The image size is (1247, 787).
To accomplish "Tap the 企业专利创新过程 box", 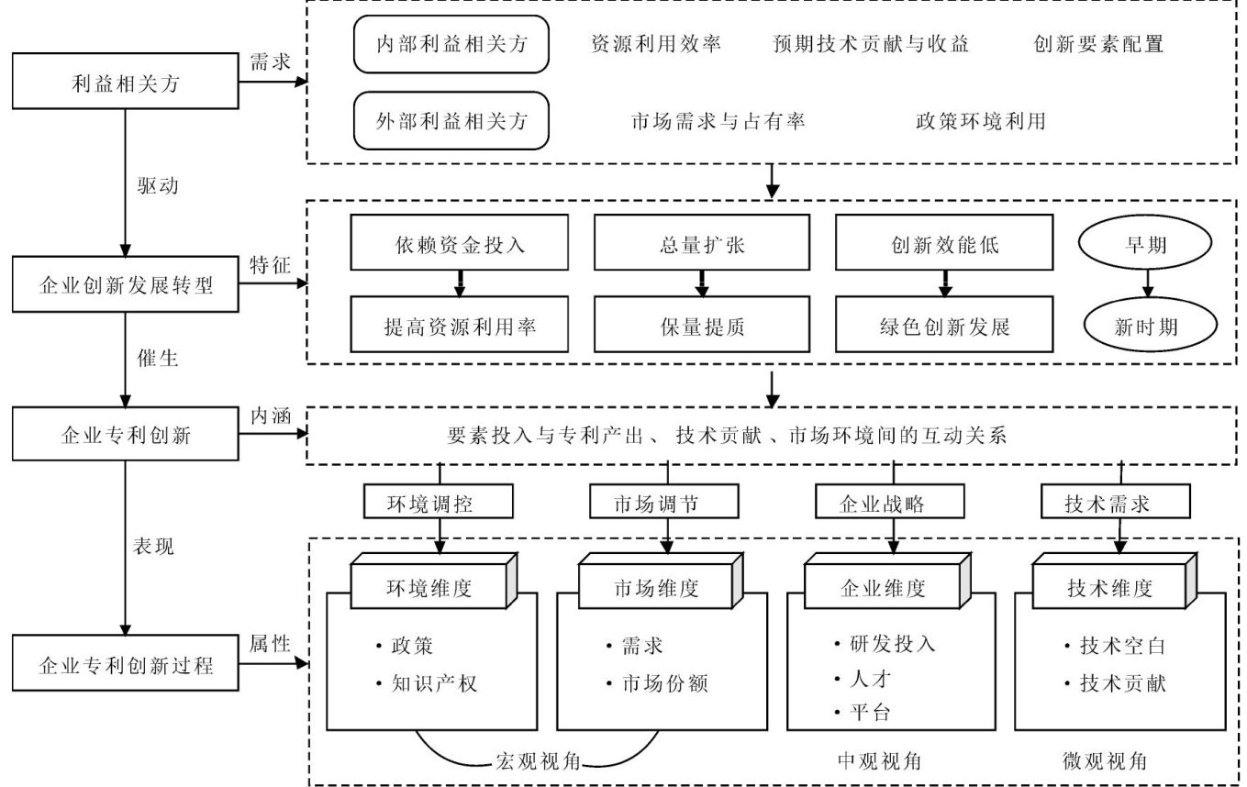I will [124, 663].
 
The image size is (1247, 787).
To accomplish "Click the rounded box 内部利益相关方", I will [451, 44].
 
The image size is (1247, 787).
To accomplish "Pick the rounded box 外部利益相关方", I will [451, 120].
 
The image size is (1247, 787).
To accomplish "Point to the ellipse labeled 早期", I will [1148, 245].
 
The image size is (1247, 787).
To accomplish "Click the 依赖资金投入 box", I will [460, 245].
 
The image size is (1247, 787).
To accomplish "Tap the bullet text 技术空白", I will [1121, 646].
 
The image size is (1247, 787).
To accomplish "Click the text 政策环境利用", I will [979, 120].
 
